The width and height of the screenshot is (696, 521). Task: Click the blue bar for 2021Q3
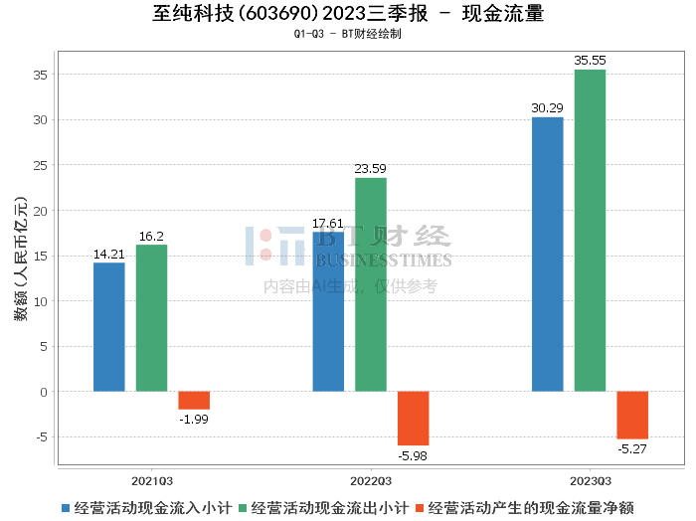[x=109, y=327]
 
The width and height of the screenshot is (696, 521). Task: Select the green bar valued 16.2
[x=152, y=318]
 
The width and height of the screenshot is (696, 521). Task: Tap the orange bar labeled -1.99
[x=194, y=401]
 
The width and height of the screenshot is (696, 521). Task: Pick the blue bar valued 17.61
[x=328, y=312]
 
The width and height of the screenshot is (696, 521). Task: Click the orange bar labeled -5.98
[x=414, y=419]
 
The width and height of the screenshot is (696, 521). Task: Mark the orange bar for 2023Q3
[x=632, y=416]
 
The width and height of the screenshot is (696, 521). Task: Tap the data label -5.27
[x=632, y=449]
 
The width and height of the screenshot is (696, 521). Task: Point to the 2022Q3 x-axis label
[x=371, y=478]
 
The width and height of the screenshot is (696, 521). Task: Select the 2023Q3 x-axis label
[x=590, y=478]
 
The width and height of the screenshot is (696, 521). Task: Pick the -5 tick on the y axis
[x=39, y=437]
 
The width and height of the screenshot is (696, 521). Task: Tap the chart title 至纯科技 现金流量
[x=348, y=14]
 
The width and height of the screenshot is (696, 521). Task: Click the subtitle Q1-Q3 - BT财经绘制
[x=348, y=34]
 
